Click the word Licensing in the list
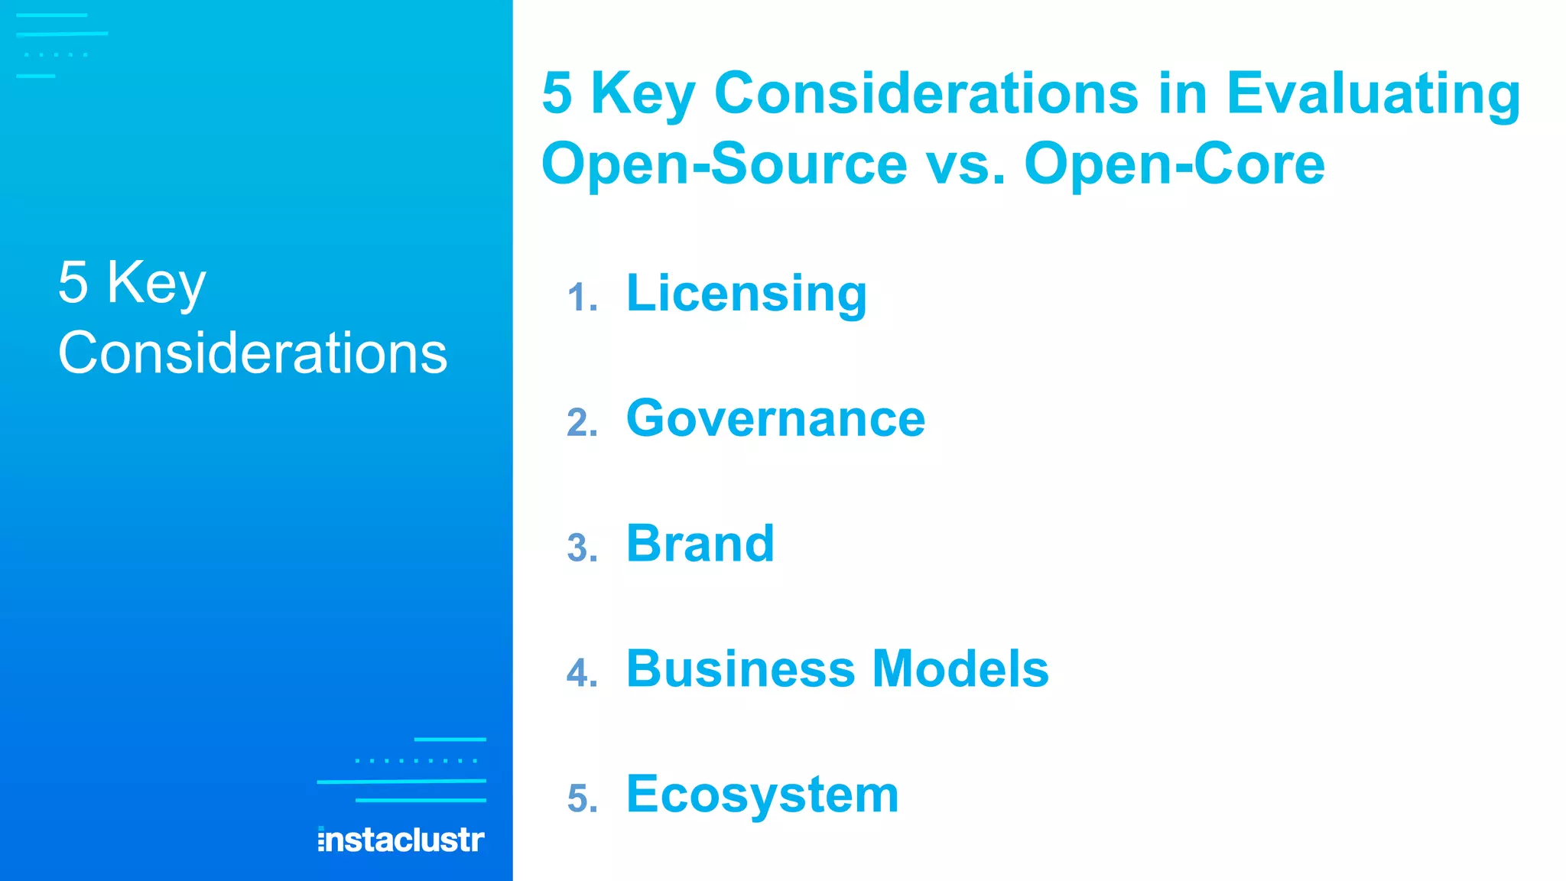pos(746,294)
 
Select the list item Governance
pos(775,419)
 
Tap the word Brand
pos(700,544)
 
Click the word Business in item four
pos(740,669)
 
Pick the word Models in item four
pos(960,669)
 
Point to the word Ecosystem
pos(762,795)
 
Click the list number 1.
pos(582,298)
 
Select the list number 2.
pos(582,424)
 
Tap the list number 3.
pos(582,549)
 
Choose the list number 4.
pos(582,674)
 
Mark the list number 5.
pos(582,799)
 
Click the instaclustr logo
pos(401,840)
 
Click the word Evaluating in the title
pos(1373,95)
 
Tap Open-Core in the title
pos(1174,164)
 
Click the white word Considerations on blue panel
pos(252,353)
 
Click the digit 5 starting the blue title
pos(557,93)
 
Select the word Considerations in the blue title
pos(926,93)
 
